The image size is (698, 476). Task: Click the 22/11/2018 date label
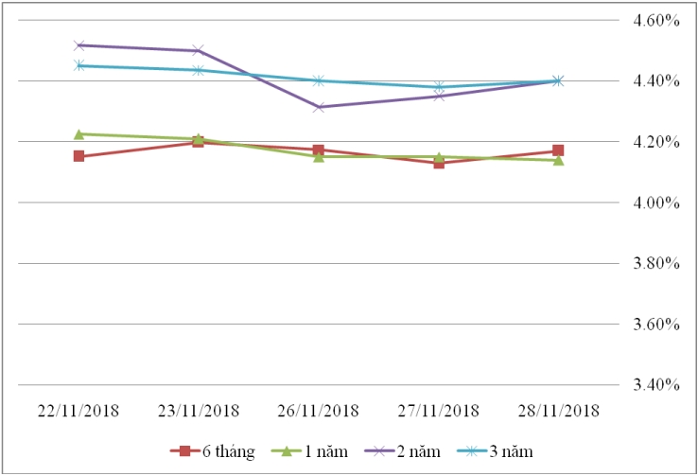click(x=79, y=410)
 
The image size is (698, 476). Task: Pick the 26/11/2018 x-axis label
click(x=319, y=410)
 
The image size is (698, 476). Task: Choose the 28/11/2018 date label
click(x=558, y=410)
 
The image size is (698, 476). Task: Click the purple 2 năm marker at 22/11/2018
click(x=79, y=45)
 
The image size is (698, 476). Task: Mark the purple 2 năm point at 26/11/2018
click(x=319, y=107)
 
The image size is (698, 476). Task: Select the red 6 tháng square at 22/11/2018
click(x=79, y=156)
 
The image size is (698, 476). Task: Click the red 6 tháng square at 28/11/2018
click(x=558, y=150)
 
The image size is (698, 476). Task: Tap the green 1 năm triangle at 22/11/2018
click(x=79, y=133)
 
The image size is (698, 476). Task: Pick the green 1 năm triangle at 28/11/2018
click(x=558, y=160)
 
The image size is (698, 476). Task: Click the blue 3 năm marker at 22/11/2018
click(x=79, y=65)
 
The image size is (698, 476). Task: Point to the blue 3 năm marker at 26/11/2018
click(x=319, y=80)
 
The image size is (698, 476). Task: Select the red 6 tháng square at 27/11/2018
click(x=439, y=163)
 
